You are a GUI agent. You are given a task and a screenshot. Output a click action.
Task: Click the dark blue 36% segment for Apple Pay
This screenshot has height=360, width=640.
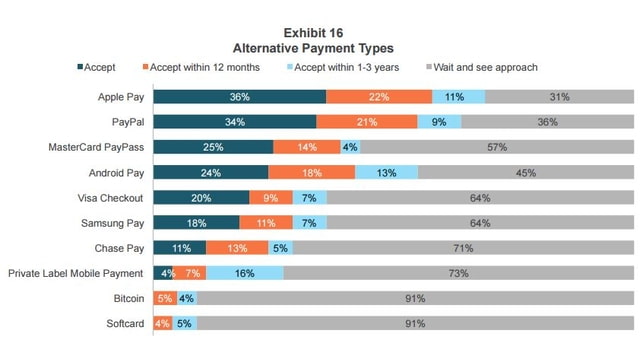(x=240, y=97)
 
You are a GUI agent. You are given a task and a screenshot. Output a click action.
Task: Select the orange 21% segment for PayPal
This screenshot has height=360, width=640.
(x=367, y=122)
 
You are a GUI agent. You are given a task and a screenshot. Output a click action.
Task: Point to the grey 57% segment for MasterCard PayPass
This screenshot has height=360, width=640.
(x=496, y=147)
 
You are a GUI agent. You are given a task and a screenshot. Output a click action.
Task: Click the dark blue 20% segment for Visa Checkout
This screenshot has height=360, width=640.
(x=202, y=197)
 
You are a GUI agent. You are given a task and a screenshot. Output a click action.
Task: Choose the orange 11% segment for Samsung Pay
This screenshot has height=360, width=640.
(x=266, y=222)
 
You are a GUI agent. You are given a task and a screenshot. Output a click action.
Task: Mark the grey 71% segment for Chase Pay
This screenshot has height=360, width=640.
(x=463, y=247)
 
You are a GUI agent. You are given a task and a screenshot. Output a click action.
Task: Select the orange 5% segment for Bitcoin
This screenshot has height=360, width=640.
(x=166, y=298)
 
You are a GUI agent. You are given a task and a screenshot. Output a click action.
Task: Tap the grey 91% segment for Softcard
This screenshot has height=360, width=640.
(x=415, y=323)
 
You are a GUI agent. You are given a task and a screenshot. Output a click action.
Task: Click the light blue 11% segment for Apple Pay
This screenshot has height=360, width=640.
(x=458, y=97)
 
